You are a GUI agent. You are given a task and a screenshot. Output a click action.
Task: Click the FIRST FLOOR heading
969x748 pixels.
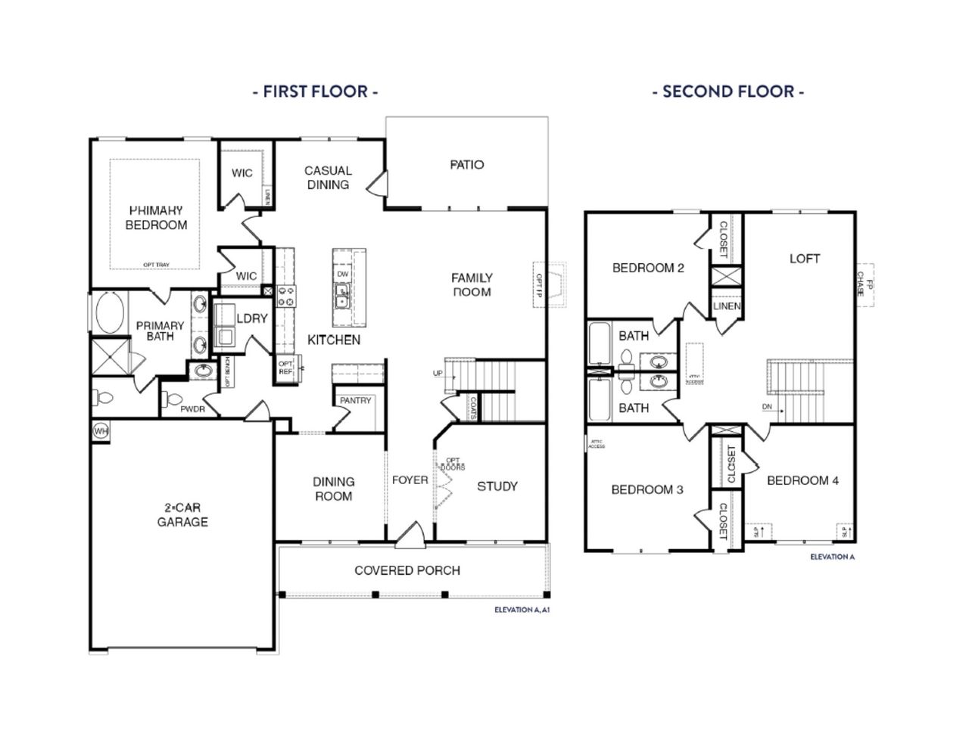pos(315,92)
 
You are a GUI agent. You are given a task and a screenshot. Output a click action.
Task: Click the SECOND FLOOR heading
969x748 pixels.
pos(728,92)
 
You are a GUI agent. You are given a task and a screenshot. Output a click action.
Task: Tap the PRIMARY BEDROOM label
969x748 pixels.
pos(156,217)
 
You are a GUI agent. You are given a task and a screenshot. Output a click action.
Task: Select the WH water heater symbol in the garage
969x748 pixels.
pos(101,430)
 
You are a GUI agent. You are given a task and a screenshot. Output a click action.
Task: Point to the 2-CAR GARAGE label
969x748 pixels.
pos(182,514)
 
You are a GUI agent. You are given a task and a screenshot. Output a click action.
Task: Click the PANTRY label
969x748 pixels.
pos(355,400)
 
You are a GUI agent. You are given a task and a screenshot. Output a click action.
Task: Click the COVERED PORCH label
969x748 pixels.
pos(407,570)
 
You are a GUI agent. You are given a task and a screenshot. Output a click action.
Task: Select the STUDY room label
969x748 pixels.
pos(497,486)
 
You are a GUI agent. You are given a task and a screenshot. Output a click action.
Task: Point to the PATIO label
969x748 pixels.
pos(467,165)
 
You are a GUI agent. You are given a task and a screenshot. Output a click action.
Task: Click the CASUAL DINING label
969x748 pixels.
pos(328,177)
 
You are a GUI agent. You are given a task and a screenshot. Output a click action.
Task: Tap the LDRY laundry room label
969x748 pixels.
pos(252,318)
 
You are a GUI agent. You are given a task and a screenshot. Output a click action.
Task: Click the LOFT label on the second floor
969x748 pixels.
pos(805,259)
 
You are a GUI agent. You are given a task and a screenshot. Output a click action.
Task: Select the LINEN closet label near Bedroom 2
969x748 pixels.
pos(727,306)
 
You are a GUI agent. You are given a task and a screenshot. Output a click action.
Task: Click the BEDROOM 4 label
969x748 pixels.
pos(802,480)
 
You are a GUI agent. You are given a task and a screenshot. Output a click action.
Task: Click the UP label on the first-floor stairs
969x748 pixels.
pos(438,374)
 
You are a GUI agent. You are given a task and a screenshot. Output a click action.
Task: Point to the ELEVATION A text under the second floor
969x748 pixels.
pos(832,557)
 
